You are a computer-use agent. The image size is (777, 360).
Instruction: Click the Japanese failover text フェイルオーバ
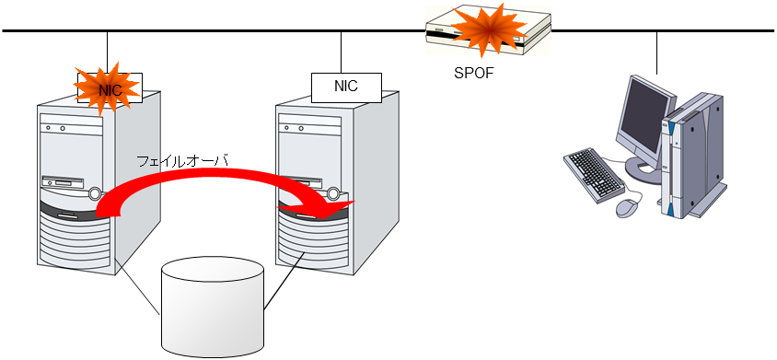coord(182,160)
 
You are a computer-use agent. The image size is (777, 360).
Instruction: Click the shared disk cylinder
coord(213,308)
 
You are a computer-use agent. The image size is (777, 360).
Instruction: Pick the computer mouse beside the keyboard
coord(627,205)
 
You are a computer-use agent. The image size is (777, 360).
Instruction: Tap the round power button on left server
coord(96,194)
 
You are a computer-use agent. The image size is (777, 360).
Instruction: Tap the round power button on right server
coord(334,194)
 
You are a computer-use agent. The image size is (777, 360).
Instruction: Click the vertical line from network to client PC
coord(657,53)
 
